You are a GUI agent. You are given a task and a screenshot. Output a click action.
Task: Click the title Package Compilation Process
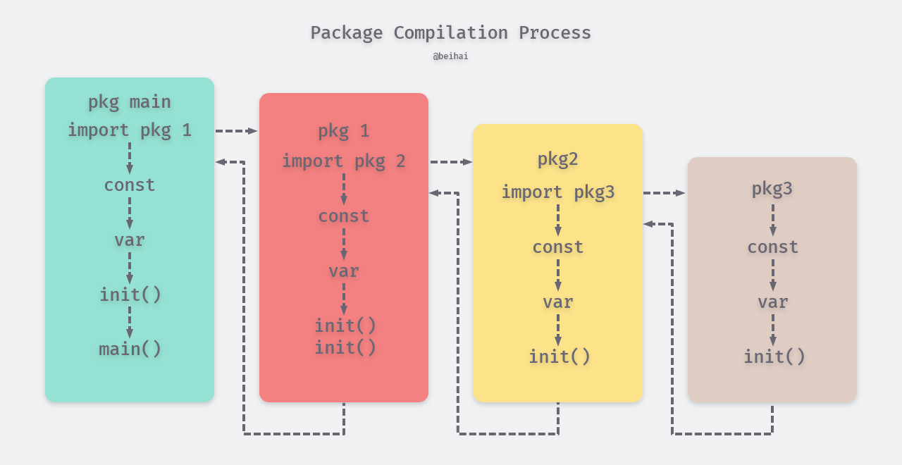[x=450, y=33]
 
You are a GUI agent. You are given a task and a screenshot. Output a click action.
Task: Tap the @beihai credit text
[x=450, y=56]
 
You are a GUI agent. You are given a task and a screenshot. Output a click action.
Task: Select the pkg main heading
[x=130, y=102]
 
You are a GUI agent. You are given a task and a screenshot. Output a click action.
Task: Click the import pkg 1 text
[x=130, y=130]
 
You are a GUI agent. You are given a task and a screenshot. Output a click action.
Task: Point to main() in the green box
[x=130, y=349]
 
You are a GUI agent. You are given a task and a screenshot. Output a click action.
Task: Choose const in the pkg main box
[x=130, y=185]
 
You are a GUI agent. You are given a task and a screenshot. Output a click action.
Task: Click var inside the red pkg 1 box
[x=344, y=271]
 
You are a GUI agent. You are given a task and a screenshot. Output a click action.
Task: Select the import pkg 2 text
[x=344, y=161]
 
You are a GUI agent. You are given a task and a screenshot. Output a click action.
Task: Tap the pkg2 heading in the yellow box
[x=558, y=159]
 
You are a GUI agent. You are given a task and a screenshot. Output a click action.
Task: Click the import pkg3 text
[x=558, y=192]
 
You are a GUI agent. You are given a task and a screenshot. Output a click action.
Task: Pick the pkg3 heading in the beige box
[x=772, y=189]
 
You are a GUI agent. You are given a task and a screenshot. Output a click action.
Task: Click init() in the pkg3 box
[x=774, y=357]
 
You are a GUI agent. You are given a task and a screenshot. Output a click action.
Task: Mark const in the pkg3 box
[x=772, y=247]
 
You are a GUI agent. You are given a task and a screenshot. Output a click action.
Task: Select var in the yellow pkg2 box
[x=558, y=302]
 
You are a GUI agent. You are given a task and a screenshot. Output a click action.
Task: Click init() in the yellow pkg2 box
[x=560, y=357]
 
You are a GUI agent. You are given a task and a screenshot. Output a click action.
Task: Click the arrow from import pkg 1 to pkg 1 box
[x=237, y=131]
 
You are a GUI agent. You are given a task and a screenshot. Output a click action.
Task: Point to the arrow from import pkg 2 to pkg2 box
[x=451, y=162]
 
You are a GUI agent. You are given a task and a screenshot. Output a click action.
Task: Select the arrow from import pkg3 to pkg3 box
[x=665, y=193]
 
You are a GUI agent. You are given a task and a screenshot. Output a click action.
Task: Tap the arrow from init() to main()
[x=130, y=322]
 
